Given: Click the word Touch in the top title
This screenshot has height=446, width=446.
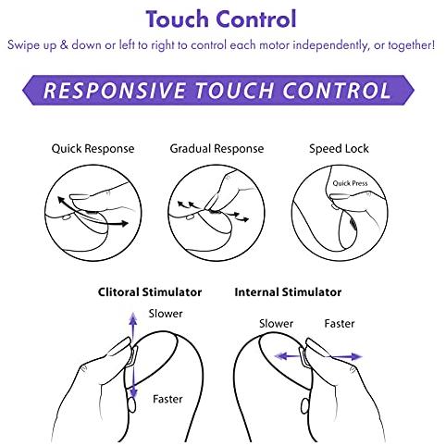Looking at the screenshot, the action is [178, 19].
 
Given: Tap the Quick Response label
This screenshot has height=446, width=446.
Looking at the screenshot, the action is [93, 149].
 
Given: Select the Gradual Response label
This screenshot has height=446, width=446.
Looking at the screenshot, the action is [217, 149].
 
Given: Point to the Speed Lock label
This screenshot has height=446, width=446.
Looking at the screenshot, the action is [339, 149].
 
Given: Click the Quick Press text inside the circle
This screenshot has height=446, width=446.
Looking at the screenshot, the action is [350, 183].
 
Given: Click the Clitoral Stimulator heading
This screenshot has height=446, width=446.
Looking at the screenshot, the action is [150, 291].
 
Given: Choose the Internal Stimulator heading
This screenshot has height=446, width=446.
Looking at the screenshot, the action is [288, 291].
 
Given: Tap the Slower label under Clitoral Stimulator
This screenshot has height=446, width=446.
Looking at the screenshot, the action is [166, 314].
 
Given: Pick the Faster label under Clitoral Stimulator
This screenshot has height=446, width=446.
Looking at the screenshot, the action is [167, 399].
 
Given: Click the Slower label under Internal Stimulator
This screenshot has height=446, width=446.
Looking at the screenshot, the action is [276, 324].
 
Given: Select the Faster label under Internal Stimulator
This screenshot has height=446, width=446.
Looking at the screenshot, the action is [340, 324].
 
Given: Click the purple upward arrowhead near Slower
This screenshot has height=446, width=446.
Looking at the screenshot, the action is [133, 317].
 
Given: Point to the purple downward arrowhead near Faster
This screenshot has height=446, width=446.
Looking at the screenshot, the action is [133, 392].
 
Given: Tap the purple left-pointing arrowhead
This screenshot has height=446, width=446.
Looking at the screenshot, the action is [280, 356].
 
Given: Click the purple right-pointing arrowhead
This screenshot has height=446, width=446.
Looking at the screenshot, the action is [356, 357].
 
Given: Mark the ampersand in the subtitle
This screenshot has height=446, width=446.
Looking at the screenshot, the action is [64, 45].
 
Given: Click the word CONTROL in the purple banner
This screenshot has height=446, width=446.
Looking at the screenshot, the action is [337, 91].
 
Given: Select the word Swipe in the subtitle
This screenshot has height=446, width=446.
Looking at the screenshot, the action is [23, 45].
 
